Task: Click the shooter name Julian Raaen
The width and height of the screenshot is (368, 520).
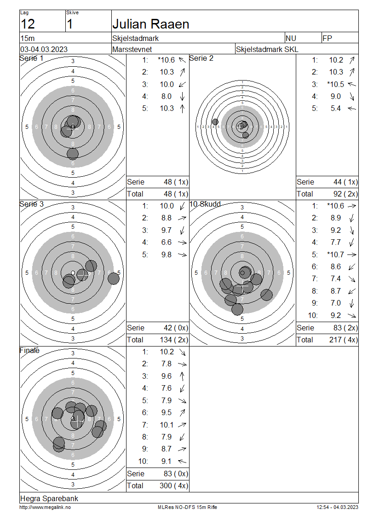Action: click(151, 24)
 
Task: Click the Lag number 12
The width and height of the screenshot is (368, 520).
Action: click(28, 24)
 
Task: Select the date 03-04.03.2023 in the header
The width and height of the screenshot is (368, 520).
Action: click(44, 49)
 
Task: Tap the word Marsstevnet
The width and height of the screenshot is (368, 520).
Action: click(132, 49)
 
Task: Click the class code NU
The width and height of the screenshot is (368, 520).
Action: click(291, 39)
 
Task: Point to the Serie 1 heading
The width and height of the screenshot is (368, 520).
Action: click(31, 58)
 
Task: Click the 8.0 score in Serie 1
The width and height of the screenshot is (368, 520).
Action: click(167, 97)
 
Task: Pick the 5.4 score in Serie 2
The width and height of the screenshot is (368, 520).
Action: click(335, 109)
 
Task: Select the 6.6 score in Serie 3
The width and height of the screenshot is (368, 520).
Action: click(167, 243)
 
